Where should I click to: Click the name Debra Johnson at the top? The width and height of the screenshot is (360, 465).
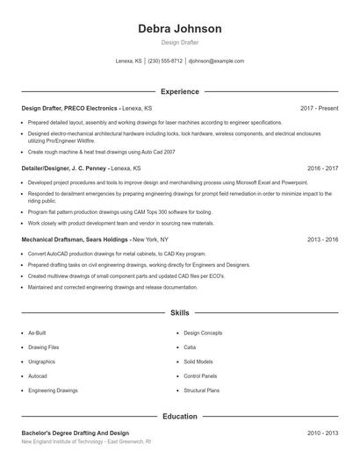(x=180, y=29)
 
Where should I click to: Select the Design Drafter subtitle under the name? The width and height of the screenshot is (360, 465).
(x=180, y=42)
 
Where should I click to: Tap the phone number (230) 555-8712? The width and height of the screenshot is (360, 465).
(x=165, y=61)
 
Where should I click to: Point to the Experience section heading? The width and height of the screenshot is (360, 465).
(x=180, y=91)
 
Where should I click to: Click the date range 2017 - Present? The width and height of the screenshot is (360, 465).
(x=320, y=108)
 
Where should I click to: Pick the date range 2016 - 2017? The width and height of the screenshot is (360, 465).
(x=323, y=167)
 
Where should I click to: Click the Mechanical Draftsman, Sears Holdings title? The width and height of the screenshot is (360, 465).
(x=76, y=239)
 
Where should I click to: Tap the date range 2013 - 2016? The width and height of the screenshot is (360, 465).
(x=323, y=239)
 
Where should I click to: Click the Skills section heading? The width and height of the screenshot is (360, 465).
(x=180, y=312)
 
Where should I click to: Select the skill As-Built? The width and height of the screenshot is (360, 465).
(x=37, y=333)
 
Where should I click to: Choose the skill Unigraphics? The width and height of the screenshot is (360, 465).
(x=42, y=361)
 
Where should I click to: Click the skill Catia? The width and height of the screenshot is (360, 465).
(x=190, y=347)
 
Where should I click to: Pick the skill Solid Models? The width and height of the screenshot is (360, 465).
(x=198, y=361)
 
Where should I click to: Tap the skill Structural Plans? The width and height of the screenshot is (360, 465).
(x=200, y=390)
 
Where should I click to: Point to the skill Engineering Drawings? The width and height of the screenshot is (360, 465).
(x=53, y=390)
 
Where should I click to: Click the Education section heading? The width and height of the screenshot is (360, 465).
(x=180, y=417)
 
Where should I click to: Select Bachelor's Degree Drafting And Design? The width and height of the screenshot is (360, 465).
(x=75, y=433)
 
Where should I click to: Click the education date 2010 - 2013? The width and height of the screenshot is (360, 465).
(x=323, y=433)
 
